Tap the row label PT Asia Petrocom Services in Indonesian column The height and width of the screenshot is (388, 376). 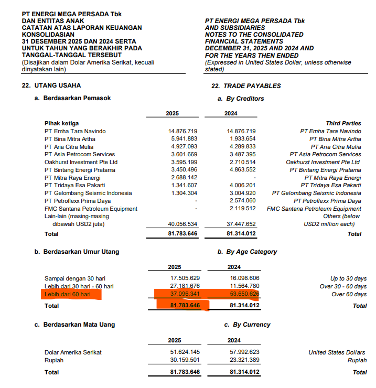[80, 155]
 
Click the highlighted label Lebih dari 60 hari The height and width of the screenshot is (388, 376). [68, 295]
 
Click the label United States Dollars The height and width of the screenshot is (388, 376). [337, 352]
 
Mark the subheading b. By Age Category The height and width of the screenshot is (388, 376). [247, 252]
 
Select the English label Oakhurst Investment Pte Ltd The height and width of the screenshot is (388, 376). [323, 163]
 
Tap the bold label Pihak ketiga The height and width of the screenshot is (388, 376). [62, 123]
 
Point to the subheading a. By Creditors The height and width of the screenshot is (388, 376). [241, 99]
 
